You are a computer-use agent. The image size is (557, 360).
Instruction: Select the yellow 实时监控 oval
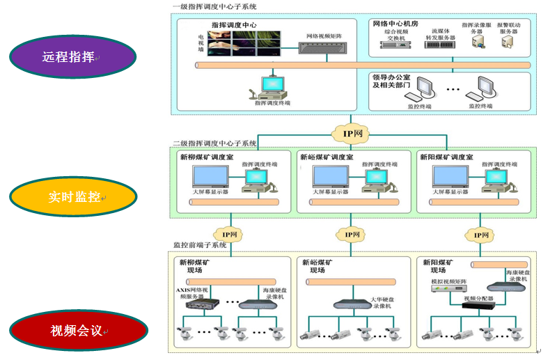72,196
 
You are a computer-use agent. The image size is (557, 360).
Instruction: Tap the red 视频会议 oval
72,330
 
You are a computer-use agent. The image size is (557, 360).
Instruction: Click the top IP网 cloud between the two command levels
353,133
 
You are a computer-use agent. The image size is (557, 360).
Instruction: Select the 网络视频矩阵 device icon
324,48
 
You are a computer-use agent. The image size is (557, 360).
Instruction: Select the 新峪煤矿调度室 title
327,157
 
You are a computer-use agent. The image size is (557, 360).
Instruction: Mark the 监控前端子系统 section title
201,245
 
